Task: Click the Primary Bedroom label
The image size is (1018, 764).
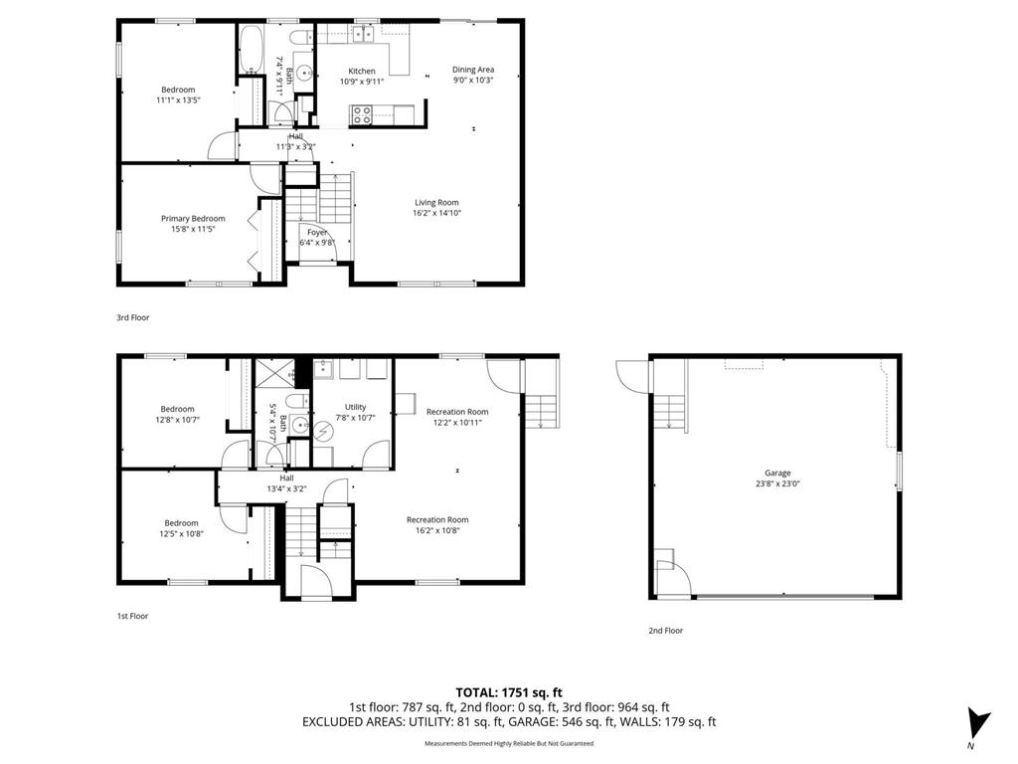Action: tap(193, 219)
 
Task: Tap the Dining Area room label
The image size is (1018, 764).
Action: tap(473, 70)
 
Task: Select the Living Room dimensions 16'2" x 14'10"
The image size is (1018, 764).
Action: tap(436, 213)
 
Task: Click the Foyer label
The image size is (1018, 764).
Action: tap(316, 233)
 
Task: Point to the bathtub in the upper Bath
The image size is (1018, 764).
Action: tap(250, 47)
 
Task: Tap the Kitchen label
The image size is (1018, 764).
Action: tap(361, 71)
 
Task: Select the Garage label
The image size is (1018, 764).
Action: tap(777, 474)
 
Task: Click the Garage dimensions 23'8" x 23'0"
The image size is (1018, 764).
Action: tap(777, 483)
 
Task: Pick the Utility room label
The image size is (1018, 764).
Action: tap(355, 407)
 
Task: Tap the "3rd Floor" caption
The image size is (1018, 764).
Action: tap(132, 317)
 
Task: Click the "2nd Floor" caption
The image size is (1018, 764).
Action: tap(665, 631)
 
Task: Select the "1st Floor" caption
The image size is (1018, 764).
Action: tap(132, 616)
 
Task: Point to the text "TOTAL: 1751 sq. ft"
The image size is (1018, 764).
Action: tap(509, 691)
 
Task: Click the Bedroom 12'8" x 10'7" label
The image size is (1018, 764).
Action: tap(178, 409)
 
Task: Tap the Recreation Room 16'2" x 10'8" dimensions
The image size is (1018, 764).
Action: tap(436, 530)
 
